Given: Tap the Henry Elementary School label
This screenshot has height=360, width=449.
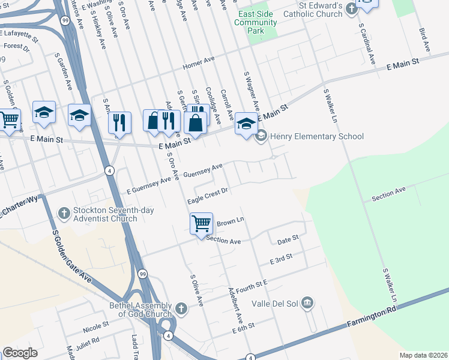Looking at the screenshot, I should coord(317,136).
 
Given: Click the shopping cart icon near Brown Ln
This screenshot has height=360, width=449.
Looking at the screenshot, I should coord(201,223).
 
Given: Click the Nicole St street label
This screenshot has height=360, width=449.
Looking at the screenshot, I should coord(96,327).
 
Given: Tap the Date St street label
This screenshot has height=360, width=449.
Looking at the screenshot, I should coord(288,241).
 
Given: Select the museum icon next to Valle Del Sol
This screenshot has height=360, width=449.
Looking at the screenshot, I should coord(307,302).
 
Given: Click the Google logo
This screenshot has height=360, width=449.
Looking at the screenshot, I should coord(20,353).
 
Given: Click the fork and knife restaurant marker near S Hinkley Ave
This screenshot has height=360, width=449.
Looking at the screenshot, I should coord(119,122).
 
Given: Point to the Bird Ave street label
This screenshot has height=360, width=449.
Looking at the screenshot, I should coord(424,38).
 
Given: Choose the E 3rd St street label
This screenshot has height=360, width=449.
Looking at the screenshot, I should coord(281,260).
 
